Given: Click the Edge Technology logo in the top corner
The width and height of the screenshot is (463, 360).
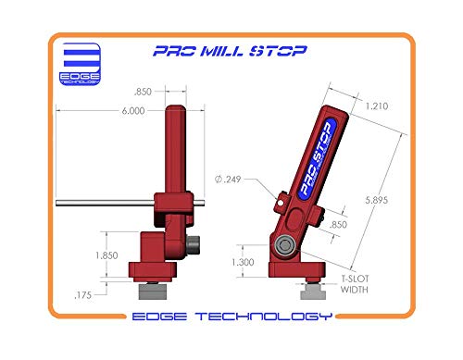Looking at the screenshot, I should pos(78,63).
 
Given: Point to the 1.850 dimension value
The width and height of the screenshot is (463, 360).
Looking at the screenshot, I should pos(106,254).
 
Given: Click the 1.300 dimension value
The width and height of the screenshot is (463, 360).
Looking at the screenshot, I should pos(244,263).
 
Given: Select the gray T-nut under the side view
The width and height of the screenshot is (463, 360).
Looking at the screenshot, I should pos(315,294).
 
